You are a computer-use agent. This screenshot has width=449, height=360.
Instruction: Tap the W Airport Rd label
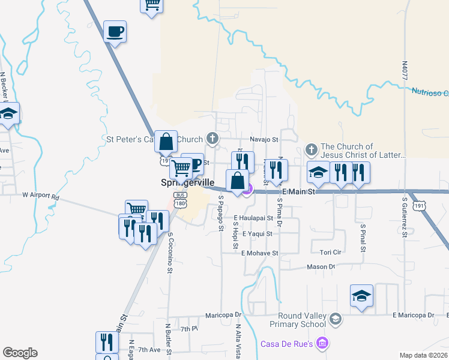41,196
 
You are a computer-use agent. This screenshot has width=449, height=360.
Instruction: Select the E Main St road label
298,191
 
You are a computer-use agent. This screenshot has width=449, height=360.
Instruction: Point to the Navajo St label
265,139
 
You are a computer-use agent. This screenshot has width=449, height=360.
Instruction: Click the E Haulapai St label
253,218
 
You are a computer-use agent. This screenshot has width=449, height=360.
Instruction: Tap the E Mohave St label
259,253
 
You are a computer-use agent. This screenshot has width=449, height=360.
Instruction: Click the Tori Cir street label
331,252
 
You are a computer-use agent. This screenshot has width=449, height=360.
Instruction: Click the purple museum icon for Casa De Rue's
323,343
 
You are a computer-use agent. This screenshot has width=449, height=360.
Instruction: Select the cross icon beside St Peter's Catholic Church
212,139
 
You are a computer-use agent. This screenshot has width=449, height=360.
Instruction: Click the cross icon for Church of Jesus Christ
311,149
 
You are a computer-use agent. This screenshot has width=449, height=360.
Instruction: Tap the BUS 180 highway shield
179,200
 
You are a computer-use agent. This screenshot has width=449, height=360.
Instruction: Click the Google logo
20,353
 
